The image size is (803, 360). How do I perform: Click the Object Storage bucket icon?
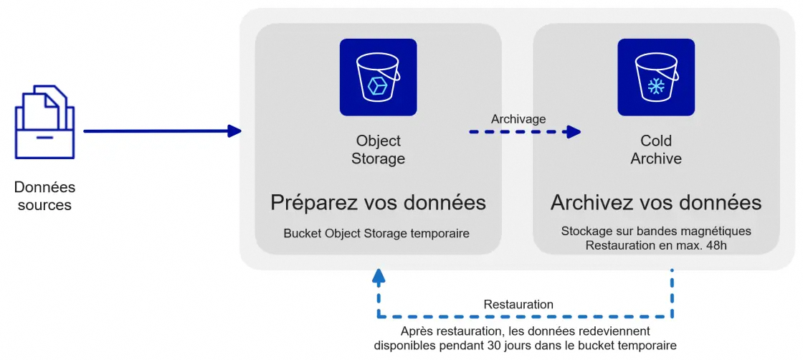coord(378,77)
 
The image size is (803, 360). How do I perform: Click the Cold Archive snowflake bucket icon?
coord(655,77)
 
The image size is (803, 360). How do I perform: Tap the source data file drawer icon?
coord(44,123)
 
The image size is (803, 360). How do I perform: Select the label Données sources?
coord(44,196)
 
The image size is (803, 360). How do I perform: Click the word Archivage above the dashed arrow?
coord(518,119)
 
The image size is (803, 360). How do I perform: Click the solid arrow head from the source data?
coord(234,131)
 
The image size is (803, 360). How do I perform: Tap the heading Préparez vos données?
coord(378,203)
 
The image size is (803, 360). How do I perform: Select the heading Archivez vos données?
coord(655,203)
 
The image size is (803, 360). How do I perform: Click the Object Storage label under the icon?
coord(378,150)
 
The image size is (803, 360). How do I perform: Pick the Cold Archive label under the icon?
coord(655,150)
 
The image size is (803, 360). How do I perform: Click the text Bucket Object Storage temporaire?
coord(376,234)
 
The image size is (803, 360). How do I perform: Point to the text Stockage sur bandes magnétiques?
coord(655,231)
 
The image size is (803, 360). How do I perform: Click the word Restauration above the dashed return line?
coord(518,305)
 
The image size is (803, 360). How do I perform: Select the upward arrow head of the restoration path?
coord(379,275)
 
